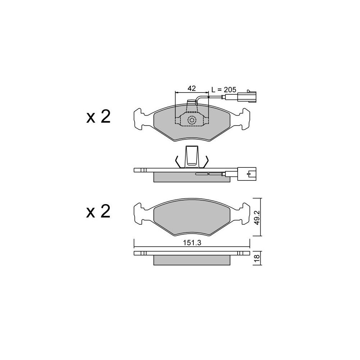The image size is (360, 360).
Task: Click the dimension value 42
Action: click(x=192, y=88)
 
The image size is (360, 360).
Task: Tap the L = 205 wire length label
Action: click(x=224, y=90)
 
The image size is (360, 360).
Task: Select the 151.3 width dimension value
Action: click(x=192, y=243)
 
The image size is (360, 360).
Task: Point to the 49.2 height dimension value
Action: click(x=257, y=217)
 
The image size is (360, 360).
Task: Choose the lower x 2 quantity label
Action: click(x=98, y=211)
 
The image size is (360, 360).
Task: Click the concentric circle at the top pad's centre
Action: click(x=192, y=120)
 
